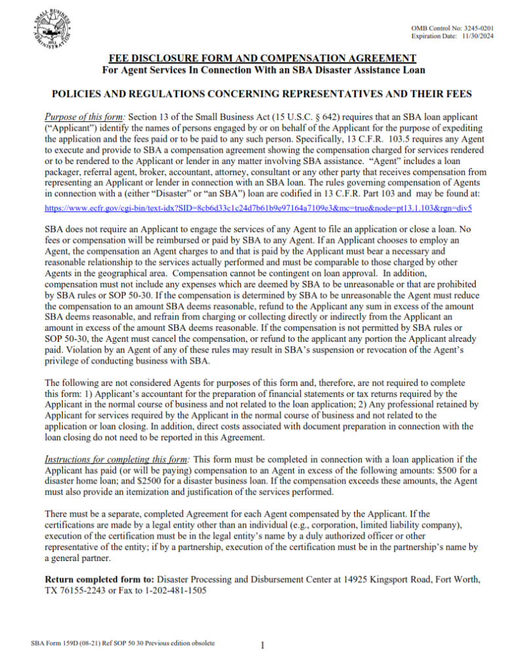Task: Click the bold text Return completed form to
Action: pos(99,580)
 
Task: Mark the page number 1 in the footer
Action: pos(262,646)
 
